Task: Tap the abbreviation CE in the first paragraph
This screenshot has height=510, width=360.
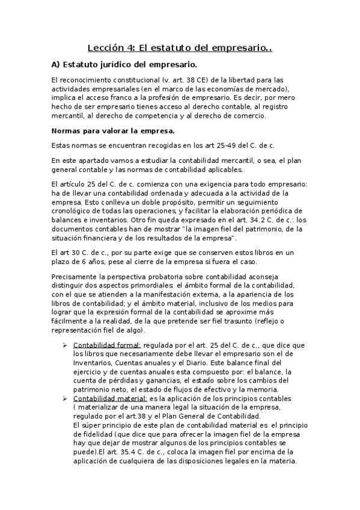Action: [179, 80]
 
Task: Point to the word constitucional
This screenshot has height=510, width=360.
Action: [108, 80]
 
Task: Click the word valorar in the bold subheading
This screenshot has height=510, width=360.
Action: [103, 131]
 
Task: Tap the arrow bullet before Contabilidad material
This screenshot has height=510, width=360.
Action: [65, 398]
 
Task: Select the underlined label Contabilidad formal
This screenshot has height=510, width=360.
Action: [107, 345]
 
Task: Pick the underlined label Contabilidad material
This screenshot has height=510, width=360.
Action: [110, 398]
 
